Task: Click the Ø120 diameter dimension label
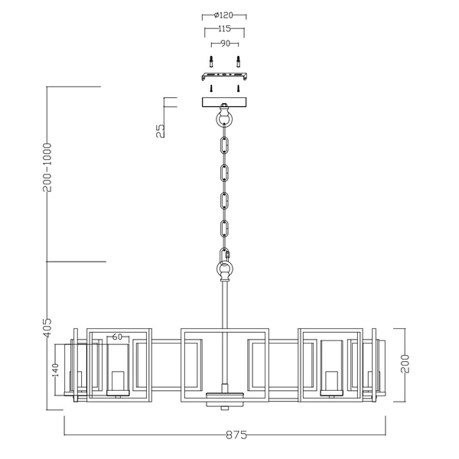coord(224,15)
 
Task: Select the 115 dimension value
coord(224,28)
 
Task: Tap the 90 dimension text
coord(224,43)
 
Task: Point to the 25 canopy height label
coord(159,131)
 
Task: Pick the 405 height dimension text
coord(47,328)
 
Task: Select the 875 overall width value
coord(236,435)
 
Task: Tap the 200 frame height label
coord(405,363)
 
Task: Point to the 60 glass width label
coord(118,337)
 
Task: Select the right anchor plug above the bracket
coord(238,62)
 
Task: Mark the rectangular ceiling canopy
coord(223,102)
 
